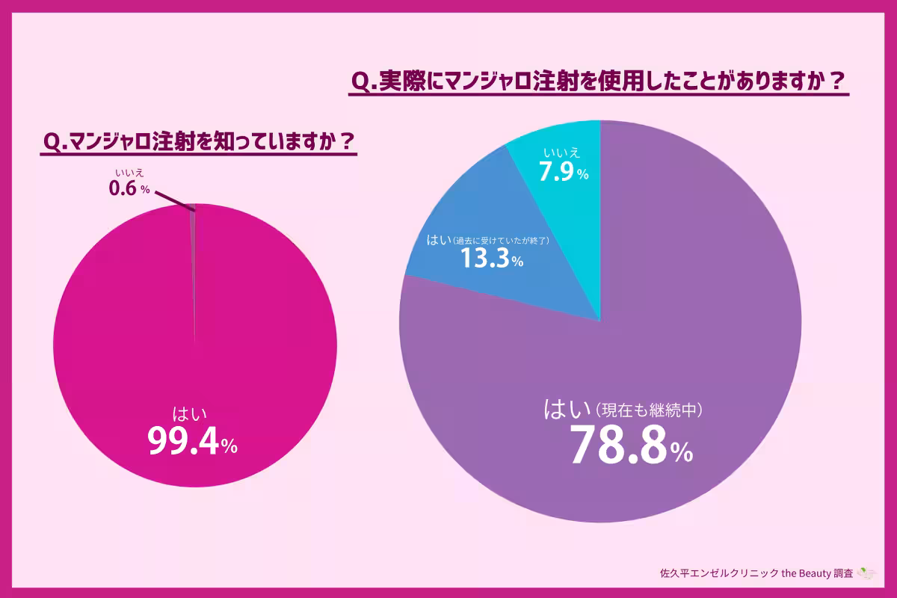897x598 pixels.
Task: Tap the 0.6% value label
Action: tap(129, 189)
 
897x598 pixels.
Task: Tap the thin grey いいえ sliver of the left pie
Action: tap(193, 224)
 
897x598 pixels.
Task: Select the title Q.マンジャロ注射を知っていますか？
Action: tap(198, 141)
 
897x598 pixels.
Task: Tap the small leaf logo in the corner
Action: tap(866, 573)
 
